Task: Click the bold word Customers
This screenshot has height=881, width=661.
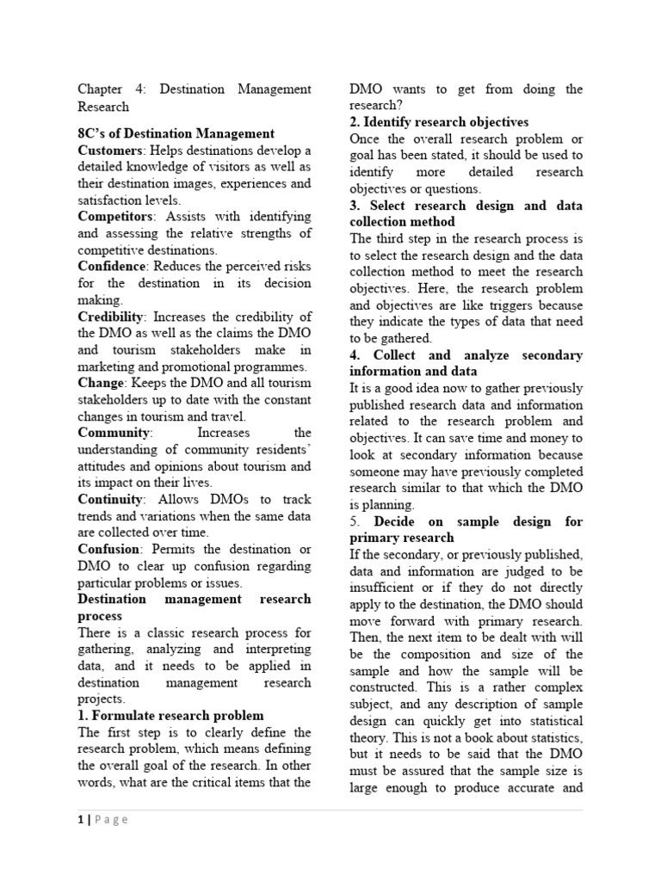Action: pos(110,151)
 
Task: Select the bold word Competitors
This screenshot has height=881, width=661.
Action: pos(114,217)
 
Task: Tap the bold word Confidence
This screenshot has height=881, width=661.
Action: pos(112,267)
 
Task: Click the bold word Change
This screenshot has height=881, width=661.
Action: pos(101,383)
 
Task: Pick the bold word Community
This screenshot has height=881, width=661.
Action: pos(114,433)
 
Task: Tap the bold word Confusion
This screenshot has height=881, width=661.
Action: pos(108,549)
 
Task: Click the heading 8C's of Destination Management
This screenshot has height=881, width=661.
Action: pos(176,133)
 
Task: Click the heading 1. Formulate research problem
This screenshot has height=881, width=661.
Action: pos(171,715)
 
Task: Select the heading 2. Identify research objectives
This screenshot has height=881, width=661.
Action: pos(439,122)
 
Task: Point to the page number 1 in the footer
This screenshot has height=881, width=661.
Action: pos(81,820)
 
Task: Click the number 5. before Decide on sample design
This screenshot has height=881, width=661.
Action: pos(355,521)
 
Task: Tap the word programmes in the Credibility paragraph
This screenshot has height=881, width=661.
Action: pos(263,367)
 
